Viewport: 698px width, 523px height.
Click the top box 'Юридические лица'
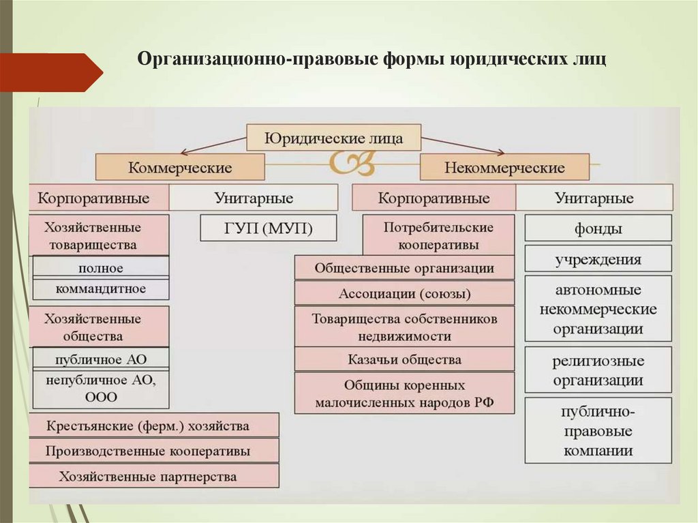(333, 138)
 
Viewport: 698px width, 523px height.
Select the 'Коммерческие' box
(180, 167)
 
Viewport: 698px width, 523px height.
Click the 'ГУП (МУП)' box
(269, 228)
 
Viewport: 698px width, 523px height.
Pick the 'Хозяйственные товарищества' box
(100, 235)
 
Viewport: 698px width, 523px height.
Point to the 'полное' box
(100, 267)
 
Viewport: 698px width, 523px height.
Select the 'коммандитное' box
(100, 288)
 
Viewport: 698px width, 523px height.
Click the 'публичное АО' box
(100, 359)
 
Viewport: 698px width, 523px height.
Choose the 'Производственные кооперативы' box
(154, 451)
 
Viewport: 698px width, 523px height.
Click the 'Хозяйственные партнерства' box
(154, 476)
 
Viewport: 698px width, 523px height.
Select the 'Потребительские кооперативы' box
(438, 235)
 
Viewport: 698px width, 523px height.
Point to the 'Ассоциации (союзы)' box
(404, 294)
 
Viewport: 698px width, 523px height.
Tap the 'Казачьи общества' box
(404, 359)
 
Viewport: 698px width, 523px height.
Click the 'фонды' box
(598, 228)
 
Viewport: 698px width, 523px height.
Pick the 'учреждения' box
(598, 259)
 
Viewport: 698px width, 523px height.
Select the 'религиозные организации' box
(598, 371)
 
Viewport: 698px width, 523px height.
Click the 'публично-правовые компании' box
(598, 431)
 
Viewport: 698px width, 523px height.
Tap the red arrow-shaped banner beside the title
(48, 72)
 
